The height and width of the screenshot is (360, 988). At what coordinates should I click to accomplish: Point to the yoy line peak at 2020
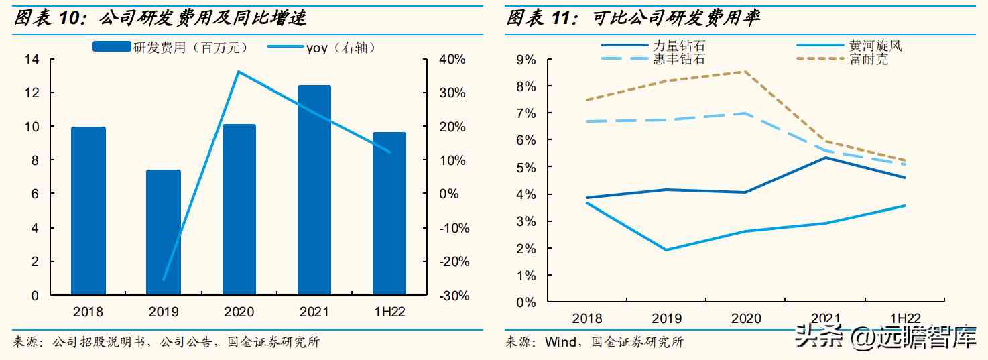[239, 72]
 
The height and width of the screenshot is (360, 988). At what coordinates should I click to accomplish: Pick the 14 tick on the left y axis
[32, 59]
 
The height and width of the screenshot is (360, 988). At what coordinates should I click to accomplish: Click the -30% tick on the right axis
[452, 296]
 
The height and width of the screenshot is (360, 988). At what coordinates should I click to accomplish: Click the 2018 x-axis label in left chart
[88, 312]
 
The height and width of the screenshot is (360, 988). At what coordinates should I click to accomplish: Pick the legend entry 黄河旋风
[875, 46]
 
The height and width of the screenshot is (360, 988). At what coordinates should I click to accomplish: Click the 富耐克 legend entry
[869, 59]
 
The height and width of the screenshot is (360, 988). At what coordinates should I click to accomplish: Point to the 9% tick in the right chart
[526, 60]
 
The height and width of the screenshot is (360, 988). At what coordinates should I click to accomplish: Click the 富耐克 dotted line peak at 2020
[741, 72]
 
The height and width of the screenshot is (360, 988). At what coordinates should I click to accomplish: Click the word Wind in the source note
[560, 343]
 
